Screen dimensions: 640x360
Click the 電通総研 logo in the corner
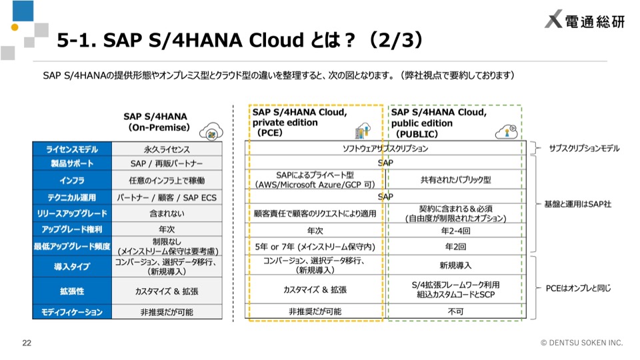pyautogui.click(x=585, y=19)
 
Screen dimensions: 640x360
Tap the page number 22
pyautogui.click(x=27, y=343)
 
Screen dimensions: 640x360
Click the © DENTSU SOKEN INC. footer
pyautogui.click(x=581, y=343)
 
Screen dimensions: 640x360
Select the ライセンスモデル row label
pyautogui.click(x=72, y=149)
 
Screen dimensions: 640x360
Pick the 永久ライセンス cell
pyautogui.click(x=167, y=149)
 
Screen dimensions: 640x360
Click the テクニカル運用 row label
pyautogui.click(x=72, y=197)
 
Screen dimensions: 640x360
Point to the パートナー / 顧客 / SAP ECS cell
pyautogui.click(x=167, y=197)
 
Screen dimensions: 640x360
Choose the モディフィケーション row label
pyautogui.click(x=72, y=312)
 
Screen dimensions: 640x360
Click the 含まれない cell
pyautogui.click(x=167, y=213)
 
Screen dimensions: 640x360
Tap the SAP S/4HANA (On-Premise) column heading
pyautogui.click(x=156, y=122)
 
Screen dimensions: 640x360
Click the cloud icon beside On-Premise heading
pyautogui.click(x=211, y=131)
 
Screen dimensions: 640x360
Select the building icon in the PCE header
pyautogui.click(x=363, y=131)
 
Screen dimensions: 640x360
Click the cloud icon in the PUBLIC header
pyautogui.click(x=506, y=132)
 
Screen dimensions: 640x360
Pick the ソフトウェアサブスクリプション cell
pyautogui.click(x=385, y=149)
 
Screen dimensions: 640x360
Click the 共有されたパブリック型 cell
pyautogui.click(x=455, y=179)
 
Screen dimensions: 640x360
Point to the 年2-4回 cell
pyautogui.click(x=455, y=231)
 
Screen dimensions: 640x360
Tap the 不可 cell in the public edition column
pyautogui.click(x=455, y=312)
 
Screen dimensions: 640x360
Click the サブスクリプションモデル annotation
pyautogui.click(x=585, y=149)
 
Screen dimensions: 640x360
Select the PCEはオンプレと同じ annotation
pyautogui.click(x=579, y=288)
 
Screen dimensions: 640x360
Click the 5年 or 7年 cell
pyautogui.click(x=315, y=247)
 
